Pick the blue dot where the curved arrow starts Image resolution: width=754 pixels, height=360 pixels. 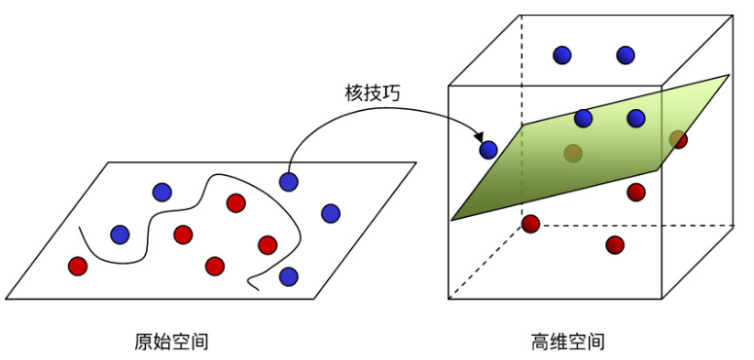(289, 181)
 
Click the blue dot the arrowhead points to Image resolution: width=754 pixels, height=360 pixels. (488, 150)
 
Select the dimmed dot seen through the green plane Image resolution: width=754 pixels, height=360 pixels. (573, 153)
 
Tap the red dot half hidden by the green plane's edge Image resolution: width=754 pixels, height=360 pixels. (678, 140)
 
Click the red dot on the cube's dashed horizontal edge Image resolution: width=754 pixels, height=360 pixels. (530, 224)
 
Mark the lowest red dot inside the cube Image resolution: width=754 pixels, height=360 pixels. (615, 244)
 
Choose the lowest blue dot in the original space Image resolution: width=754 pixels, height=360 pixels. (288, 276)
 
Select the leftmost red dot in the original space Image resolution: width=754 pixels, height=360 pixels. (78, 265)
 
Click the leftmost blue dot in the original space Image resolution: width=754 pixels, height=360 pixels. (120, 234)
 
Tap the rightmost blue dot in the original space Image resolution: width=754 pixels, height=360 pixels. (331, 213)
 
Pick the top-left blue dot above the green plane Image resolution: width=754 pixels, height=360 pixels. (562, 55)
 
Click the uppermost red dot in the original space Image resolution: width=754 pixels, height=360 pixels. (235, 202)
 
